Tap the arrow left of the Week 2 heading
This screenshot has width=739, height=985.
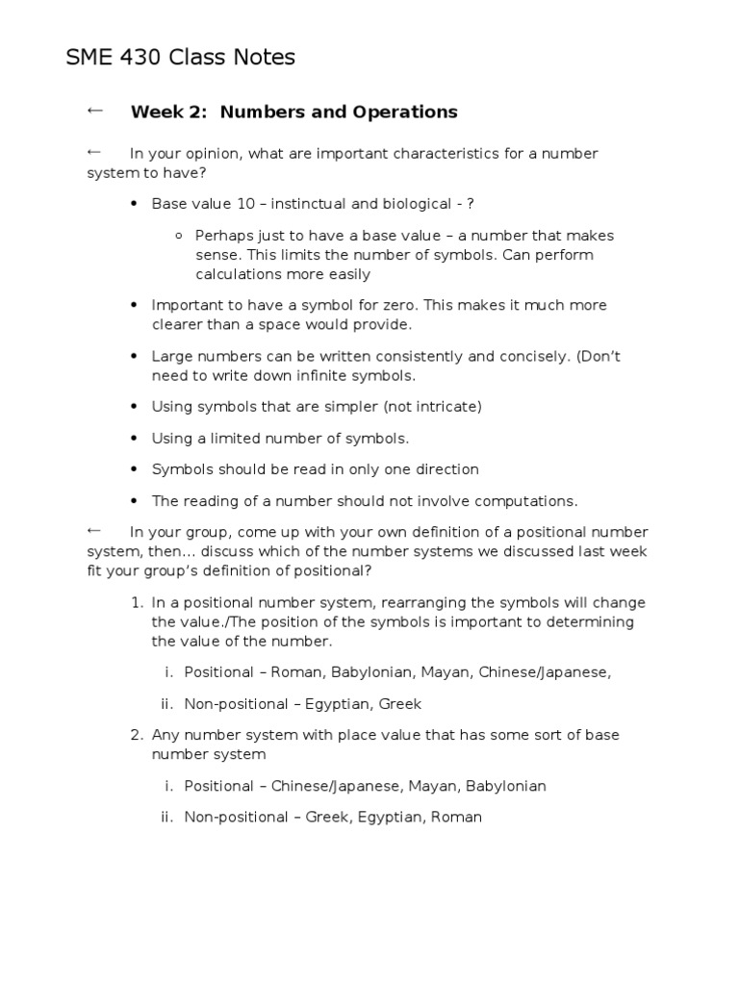(x=94, y=111)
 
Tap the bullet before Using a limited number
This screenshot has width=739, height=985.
(x=134, y=439)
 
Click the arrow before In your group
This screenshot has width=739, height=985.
(x=94, y=530)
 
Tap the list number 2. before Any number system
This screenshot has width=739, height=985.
(x=136, y=735)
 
